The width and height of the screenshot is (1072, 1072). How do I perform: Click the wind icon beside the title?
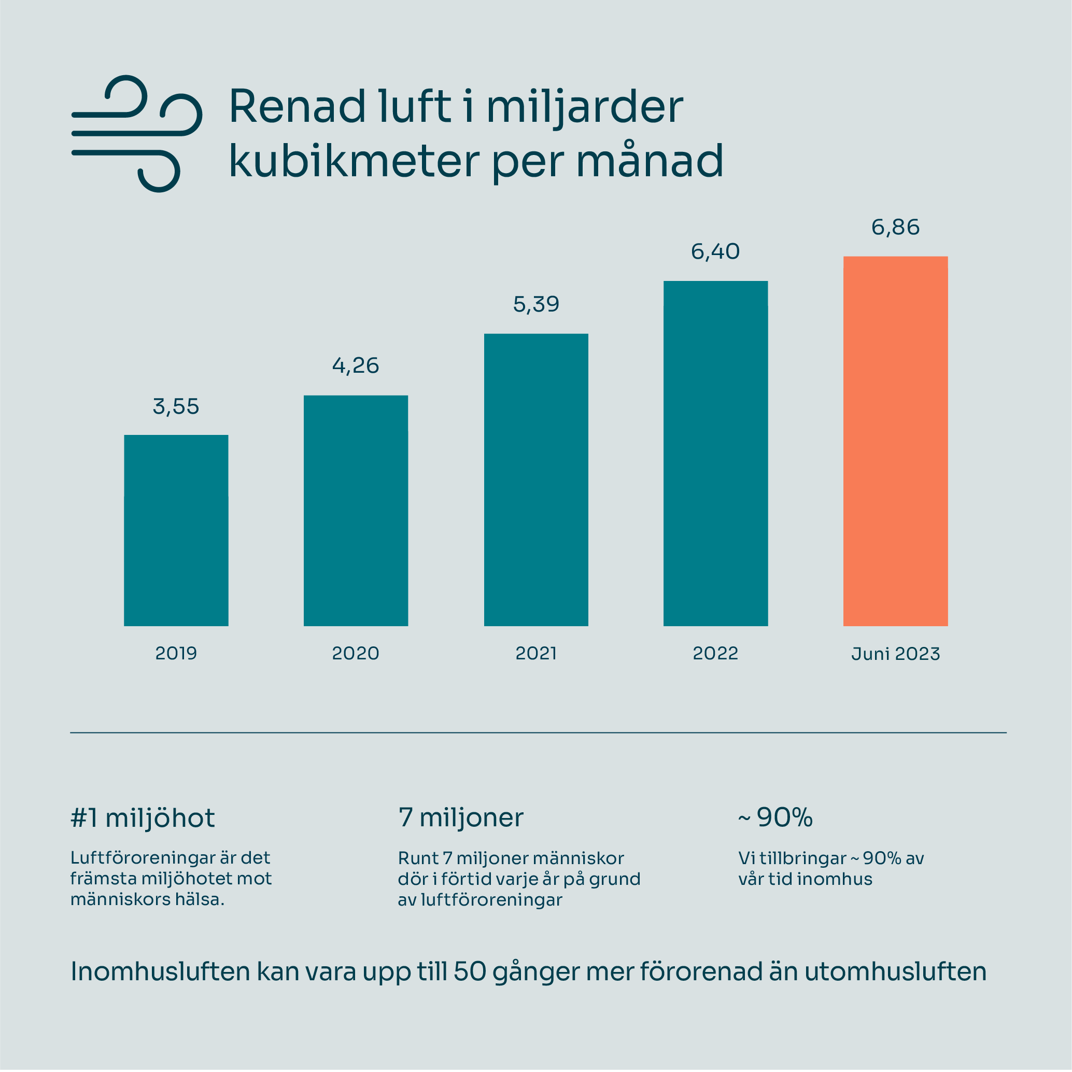[136, 134]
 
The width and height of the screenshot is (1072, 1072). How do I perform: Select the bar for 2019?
[176, 530]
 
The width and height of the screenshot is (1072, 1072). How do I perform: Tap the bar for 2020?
[356, 511]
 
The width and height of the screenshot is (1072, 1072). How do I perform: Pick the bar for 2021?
[536, 480]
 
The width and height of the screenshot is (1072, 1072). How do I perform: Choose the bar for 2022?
[716, 454]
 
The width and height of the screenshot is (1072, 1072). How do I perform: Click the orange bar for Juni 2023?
[896, 441]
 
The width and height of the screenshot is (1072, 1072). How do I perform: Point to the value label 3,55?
[176, 407]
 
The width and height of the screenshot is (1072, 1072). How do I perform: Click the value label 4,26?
[356, 365]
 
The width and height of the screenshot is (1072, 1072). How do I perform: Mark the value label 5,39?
[536, 304]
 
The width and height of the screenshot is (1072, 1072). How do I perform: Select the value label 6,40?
[716, 252]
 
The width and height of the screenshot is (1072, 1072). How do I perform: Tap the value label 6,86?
[896, 228]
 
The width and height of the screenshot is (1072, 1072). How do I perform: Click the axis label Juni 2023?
[896, 654]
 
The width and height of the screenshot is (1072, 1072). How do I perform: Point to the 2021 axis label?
[536, 653]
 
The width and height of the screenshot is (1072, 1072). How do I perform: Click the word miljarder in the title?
[584, 107]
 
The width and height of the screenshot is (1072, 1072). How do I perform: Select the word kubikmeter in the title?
[354, 161]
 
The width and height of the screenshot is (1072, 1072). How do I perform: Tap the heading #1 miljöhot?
[143, 818]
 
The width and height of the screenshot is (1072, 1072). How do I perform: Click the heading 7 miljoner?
[460, 817]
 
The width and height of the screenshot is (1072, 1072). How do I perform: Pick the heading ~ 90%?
[775, 817]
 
